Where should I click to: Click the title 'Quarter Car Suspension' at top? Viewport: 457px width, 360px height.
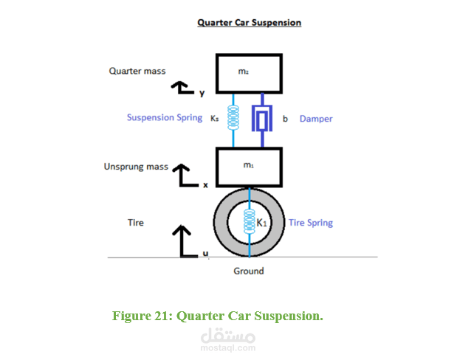coord(249,23)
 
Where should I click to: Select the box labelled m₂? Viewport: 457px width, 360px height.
coord(248,73)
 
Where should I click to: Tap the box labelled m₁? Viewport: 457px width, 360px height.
coord(248,167)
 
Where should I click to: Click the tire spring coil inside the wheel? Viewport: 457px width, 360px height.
coord(249,222)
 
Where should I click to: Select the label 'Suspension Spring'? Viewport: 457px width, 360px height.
coord(164,118)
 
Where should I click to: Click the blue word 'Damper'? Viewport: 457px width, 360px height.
coord(315,119)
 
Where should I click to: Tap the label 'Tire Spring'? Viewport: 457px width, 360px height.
coord(310,223)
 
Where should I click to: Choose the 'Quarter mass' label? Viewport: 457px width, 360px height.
coord(137,72)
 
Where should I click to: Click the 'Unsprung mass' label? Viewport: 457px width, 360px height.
coord(137,167)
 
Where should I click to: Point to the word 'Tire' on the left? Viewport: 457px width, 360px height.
coord(136,222)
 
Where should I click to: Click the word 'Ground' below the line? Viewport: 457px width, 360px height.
coord(249,271)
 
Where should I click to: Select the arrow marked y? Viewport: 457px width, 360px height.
coord(182,88)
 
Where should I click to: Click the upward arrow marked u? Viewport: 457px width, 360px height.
coord(182,240)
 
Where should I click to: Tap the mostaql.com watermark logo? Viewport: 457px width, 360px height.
coord(228,340)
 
